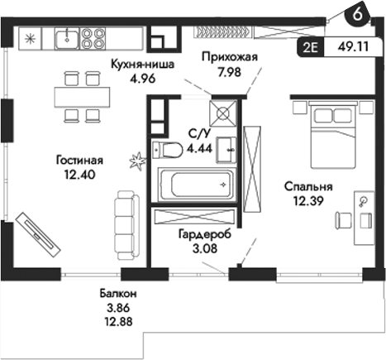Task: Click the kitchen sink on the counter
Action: [x=66, y=38]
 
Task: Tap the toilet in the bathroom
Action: [x=168, y=150]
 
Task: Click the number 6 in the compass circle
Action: [x=356, y=14]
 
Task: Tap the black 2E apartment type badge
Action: [x=311, y=48]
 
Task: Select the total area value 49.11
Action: [x=355, y=48]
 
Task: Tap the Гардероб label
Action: [x=204, y=234]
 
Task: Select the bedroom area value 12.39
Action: [x=307, y=199]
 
